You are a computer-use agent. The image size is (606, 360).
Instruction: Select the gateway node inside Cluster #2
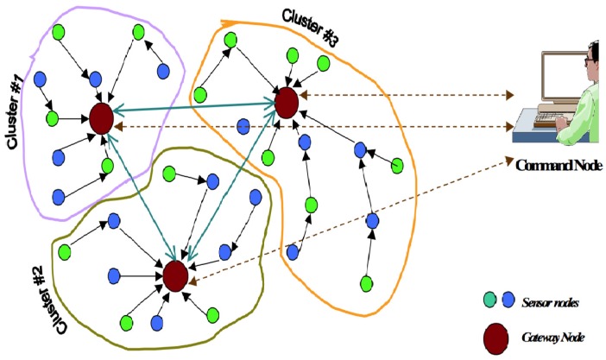(x=175, y=275)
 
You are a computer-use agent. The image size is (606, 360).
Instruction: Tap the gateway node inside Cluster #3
(x=286, y=102)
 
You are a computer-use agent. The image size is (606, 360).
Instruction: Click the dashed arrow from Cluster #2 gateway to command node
(x=345, y=220)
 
